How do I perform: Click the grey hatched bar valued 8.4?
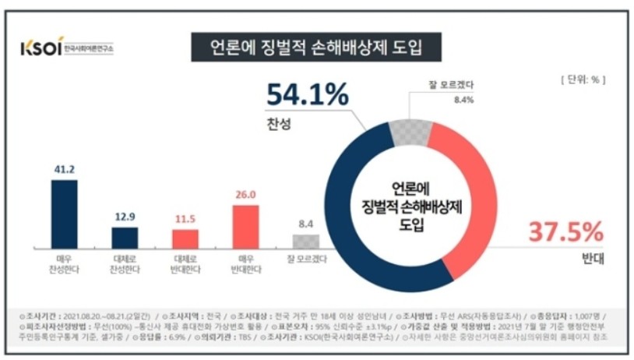coord(306,240)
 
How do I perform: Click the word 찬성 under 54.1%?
coord(279,125)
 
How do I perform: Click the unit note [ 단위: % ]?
coord(582,79)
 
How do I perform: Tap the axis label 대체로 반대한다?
coord(185,261)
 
